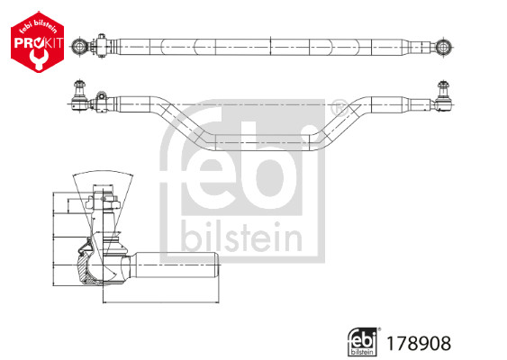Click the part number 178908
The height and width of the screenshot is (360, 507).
pos(419,343)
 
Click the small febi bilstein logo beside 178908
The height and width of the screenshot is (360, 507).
pos(363,342)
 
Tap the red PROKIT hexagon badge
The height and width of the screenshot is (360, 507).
pos(37,42)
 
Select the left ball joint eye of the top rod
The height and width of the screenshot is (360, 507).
pos(78,47)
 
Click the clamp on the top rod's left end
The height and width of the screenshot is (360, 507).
pos(101,46)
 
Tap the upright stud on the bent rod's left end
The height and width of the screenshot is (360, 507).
pos(78,88)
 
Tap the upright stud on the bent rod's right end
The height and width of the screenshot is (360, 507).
pos(443,89)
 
